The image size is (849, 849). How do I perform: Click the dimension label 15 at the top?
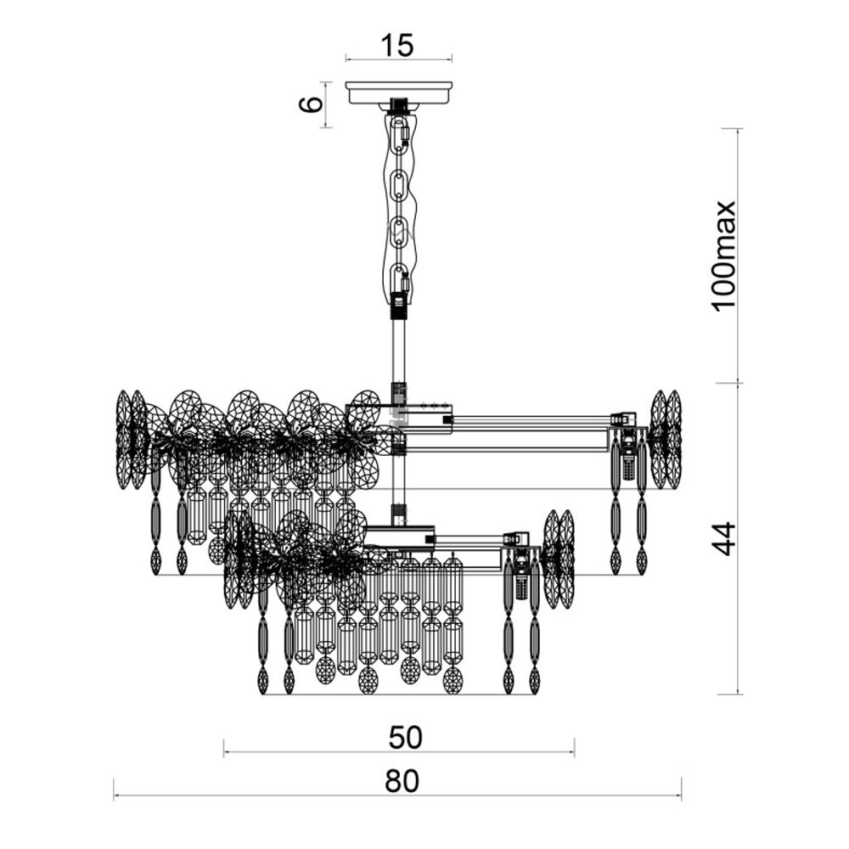coord(398,45)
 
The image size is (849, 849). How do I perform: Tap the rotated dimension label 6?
coord(312,104)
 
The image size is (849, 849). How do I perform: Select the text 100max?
coord(724,256)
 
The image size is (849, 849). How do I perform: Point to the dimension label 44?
coord(724,539)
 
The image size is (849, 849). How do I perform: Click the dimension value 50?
coord(406,738)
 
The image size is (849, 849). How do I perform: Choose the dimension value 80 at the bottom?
coord(402,781)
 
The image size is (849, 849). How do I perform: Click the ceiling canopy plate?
coord(398,93)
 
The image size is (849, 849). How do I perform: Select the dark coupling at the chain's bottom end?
coord(398,306)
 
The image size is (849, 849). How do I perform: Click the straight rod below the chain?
coord(398,352)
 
